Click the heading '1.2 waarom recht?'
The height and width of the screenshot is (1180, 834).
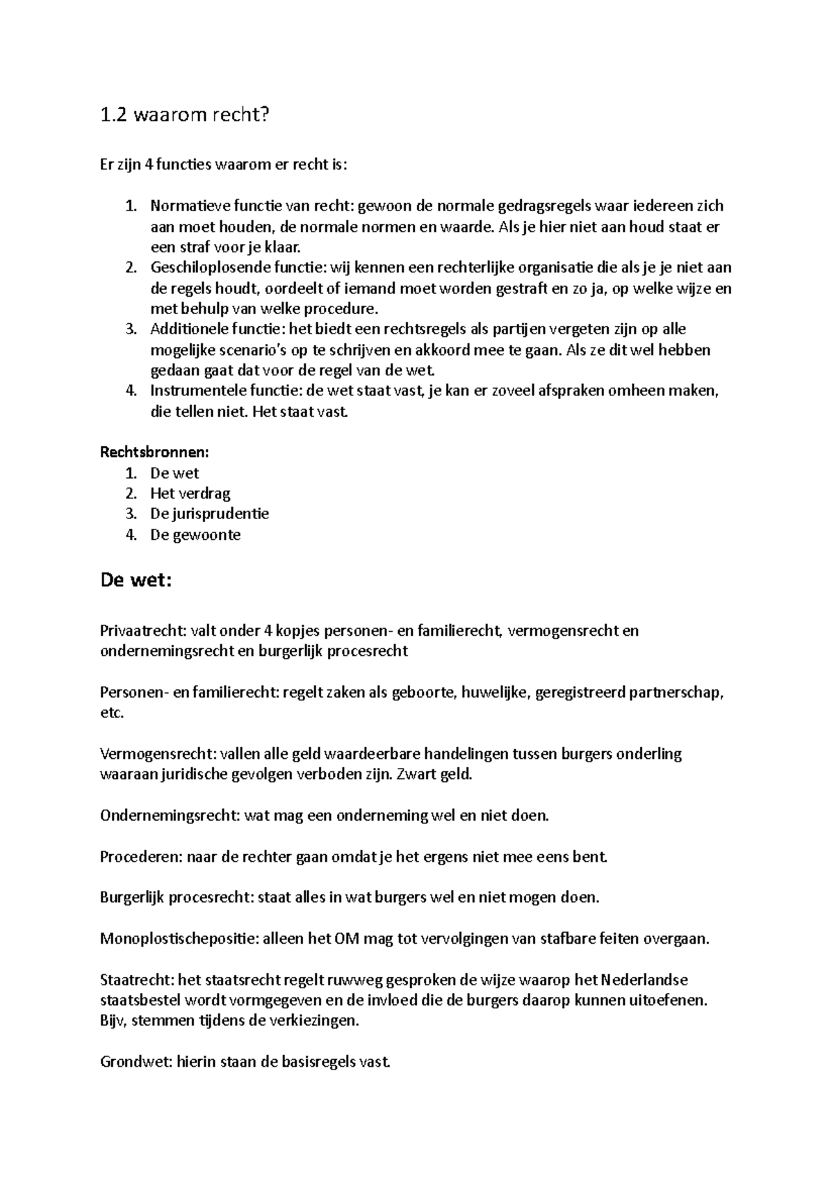coord(183,115)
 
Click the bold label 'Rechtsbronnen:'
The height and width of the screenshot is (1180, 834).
coord(154,452)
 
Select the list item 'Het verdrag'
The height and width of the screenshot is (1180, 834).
coord(190,493)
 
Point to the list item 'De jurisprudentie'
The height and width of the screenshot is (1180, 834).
coord(209,514)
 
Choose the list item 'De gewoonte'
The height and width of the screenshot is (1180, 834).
coord(195,535)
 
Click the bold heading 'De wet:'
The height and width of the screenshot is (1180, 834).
coord(136,580)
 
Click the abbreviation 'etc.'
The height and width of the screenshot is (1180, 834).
coord(112,713)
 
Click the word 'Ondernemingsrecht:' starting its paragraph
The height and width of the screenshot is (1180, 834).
coord(170,815)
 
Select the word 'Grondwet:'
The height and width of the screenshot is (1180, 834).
coord(136,1062)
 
